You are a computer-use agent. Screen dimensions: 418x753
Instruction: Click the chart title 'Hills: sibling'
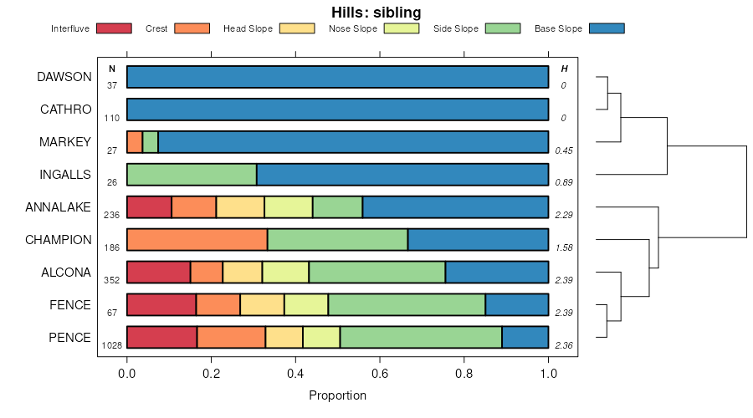376,13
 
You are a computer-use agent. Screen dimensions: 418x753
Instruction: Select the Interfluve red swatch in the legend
114,28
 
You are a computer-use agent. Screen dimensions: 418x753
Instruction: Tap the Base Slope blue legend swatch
607,28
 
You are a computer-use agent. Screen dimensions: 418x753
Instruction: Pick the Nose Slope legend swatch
402,28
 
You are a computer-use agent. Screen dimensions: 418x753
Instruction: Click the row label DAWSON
64,77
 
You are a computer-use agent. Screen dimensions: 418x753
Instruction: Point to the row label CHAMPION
59,240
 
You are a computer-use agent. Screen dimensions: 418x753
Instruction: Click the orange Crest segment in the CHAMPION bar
197,240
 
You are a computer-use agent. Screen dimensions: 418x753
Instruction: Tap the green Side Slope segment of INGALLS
192,175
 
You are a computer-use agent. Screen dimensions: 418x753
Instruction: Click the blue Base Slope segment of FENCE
517,305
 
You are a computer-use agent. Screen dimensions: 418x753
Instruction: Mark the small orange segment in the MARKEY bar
135,142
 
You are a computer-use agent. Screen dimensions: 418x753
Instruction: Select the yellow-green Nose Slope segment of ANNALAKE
289,207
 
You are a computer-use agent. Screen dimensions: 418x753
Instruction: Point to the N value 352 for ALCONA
111,280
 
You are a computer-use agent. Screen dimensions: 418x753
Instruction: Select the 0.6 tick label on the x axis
380,374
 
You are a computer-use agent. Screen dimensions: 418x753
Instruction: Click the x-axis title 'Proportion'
338,395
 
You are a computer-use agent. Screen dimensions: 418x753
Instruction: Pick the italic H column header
564,69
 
